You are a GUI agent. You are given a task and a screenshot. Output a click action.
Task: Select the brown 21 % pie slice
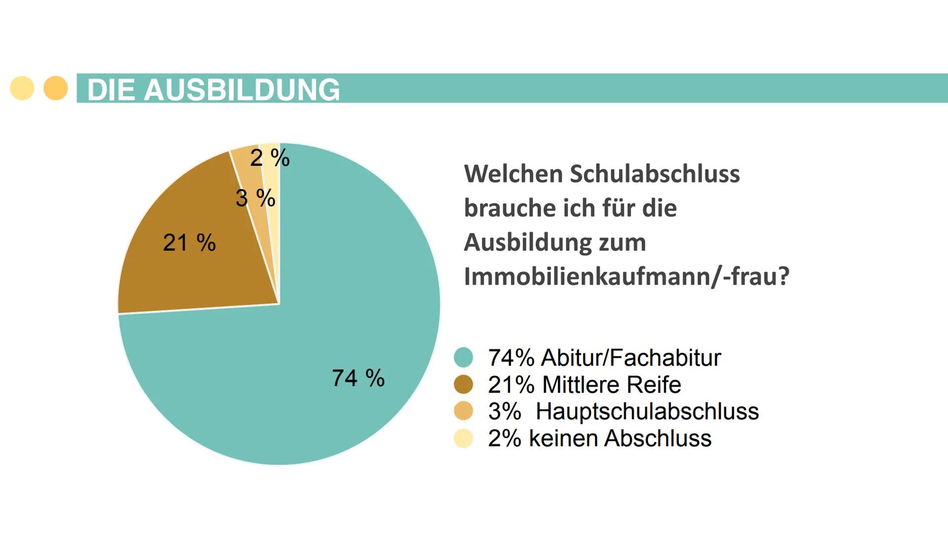tap(197, 276)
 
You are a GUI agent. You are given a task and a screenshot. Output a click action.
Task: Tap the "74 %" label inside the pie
tap(358, 378)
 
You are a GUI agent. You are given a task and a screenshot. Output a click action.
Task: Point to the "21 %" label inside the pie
tap(189, 243)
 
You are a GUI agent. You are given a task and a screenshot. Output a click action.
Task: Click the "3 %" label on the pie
tap(255, 198)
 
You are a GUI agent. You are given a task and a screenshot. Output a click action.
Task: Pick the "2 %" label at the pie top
tap(270, 158)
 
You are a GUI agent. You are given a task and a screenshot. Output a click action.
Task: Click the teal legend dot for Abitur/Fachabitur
tap(463, 357)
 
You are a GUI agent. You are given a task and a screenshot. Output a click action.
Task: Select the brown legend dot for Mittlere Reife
tap(463, 384)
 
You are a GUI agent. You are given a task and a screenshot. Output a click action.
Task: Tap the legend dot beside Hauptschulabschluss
tap(463, 411)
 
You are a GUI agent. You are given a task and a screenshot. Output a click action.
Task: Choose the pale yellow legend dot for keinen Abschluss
tap(463, 438)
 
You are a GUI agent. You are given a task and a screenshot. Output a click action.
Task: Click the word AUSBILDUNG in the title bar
tap(241, 90)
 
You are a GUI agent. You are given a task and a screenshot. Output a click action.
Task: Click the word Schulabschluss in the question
tap(655, 174)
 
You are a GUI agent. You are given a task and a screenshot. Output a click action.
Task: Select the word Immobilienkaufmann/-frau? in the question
tap(627, 276)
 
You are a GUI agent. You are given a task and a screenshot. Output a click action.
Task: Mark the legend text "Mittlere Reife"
tap(611, 384)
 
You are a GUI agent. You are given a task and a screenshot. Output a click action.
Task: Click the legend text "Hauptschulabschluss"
tap(647, 411)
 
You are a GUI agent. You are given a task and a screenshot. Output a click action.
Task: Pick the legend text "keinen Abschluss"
tap(620, 438)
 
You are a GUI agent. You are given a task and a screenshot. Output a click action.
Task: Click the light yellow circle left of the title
tap(22, 88)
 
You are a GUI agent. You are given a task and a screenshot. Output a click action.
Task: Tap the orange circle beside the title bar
tap(56, 88)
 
